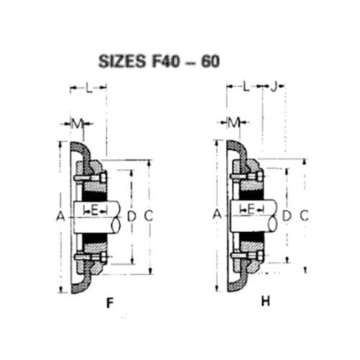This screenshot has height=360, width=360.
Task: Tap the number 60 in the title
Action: tap(207, 60)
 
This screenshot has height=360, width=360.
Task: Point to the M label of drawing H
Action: tap(233, 122)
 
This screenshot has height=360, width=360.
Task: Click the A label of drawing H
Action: tap(216, 214)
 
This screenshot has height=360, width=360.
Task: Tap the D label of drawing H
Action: tap(287, 215)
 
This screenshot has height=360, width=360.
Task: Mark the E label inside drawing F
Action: tap(96, 210)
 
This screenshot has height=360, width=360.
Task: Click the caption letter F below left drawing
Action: tap(109, 303)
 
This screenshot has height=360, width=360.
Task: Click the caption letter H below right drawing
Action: tap(265, 302)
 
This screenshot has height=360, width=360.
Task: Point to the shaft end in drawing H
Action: tap(271, 216)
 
